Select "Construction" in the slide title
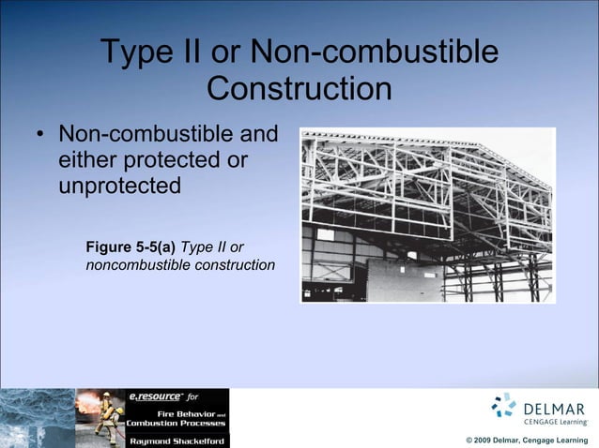click(x=299, y=90)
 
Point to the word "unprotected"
click(x=119, y=186)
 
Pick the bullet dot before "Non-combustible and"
click(x=39, y=137)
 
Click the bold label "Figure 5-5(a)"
click(x=131, y=247)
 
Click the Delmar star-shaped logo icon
click(x=504, y=404)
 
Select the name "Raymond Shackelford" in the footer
click(x=177, y=439)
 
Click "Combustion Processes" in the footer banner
click(x=177, y=423)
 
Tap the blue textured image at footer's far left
click(x=36, y=418)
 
